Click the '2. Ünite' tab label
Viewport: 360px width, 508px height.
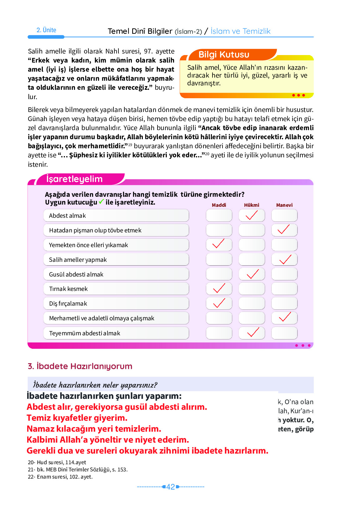tap(46, 30)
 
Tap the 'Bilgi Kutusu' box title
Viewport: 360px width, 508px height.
tap(224, 55)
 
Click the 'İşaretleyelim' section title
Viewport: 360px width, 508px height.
tap(74, 179)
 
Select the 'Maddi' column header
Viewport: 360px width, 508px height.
tap(219, 205)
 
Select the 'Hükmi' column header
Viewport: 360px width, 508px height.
tap(252, 205)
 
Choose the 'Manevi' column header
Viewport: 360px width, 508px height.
tap(284, 205)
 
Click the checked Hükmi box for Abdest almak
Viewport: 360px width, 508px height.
tap(252, 216)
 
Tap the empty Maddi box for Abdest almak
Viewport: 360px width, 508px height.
tap(219, 216)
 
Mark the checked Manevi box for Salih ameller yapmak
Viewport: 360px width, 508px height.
tap(284, 260)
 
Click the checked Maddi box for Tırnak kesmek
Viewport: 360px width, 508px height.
tap(219, 289)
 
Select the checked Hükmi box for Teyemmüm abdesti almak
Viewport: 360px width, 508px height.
tap(252, 333)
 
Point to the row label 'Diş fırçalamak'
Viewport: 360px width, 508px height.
tap(68, 304)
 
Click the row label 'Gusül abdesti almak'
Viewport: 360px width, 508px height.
tap(76, 274)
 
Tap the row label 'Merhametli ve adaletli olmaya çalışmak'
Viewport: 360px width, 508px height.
tap(102, 318)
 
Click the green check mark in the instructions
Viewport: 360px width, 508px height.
tap(101, 202)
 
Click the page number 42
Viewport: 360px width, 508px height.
tap(171, 487)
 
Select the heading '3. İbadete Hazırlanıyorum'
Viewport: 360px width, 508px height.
tap(80, 366)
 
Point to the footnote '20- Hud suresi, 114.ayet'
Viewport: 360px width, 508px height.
tap(57, 462)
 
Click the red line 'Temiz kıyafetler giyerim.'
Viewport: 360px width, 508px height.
tap(77, 418)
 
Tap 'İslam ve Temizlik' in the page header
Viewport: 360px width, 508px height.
tap(240, 31)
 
